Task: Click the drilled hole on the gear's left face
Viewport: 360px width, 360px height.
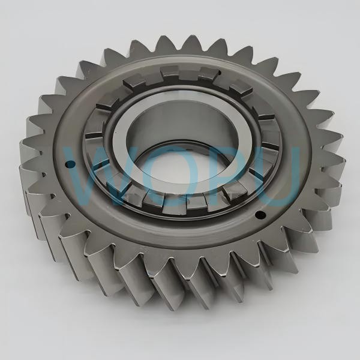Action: click(70, 164)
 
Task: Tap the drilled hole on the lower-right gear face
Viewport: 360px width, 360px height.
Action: click(260, 215)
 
